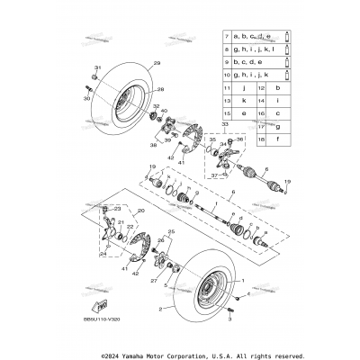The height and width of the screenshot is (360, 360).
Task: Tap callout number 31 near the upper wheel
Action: [x=98, y=68]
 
